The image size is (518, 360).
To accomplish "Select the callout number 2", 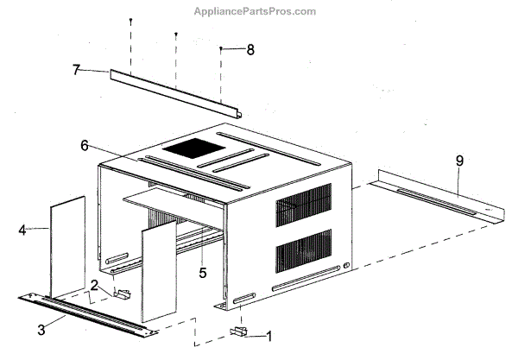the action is click(x=93, y=286).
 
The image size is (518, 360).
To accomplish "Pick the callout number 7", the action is click(x=76, y=69).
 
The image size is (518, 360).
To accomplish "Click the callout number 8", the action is click(x=250, y=50).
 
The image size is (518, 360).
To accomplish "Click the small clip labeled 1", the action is click(x=240, y=331).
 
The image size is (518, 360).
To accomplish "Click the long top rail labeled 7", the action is click(x=173, y=93).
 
